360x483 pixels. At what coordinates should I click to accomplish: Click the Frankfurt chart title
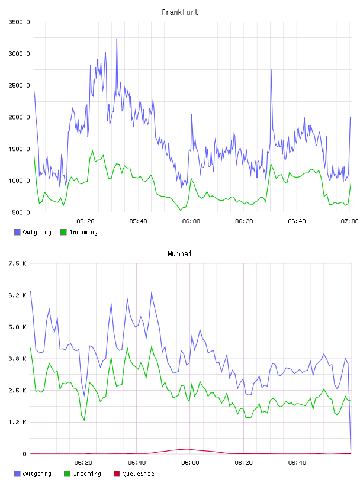click(180, 12)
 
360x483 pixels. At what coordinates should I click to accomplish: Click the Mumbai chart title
click(179, 254)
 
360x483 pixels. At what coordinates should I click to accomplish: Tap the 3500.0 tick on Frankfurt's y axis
click(19, 22)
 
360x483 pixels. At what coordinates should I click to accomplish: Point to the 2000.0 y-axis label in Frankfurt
click(19, 117)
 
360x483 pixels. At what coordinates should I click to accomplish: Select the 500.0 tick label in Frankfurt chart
click(21, 212)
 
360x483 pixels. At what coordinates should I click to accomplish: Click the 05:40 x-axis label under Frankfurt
click(139, 221)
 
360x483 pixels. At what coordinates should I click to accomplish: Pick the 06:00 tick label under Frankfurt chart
click(191, 221)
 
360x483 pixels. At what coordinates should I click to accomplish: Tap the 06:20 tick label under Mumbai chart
click(244, 463)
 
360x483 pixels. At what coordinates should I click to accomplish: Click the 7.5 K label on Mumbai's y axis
click(18, 263)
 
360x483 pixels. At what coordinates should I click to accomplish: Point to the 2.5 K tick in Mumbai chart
click(18, 390)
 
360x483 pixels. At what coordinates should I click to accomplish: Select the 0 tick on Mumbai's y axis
click(25, 454)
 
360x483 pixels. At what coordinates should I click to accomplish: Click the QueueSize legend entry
click(134, 474)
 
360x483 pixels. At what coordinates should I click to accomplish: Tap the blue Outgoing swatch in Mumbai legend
click(17, 474)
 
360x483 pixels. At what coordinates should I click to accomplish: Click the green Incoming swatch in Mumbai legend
click(67, 474)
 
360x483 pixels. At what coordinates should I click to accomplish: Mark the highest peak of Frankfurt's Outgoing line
click(117, 39)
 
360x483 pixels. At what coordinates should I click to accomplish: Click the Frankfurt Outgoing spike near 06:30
click(271, 70)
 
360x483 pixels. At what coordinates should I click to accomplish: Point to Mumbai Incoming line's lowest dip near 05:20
click(84, 420)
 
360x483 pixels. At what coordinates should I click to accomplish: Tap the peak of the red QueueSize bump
click(188, 449)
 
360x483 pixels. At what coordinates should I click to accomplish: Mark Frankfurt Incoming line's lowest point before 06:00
click(181, 210)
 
